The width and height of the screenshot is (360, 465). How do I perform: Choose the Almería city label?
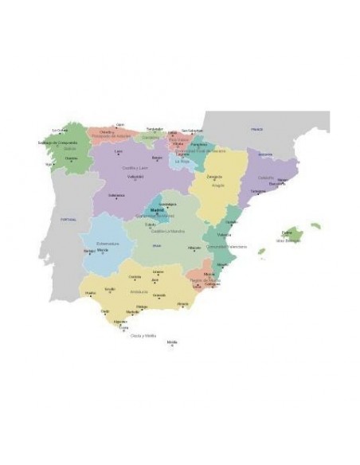[x=183, y=303]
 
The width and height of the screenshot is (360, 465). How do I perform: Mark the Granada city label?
[x=160, y=295]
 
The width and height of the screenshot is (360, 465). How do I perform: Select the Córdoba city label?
[x=135, y=276]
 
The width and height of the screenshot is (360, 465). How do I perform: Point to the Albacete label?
[x=194, y=247]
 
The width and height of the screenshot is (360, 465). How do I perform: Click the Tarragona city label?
[x=258, y=191]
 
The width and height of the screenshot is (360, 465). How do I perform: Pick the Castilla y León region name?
[x=136, y=168]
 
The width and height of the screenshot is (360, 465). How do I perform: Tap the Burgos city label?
[x=157, y=158]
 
